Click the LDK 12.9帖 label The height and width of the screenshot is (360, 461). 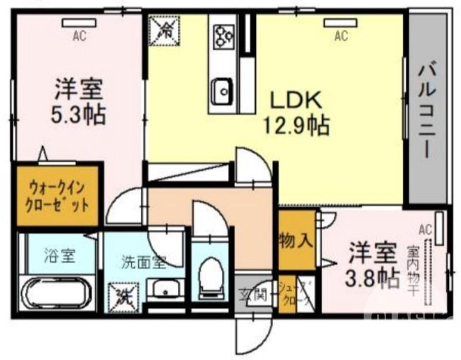pyautogui.click(x=296, y=112)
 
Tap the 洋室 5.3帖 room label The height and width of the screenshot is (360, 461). pyautogui.click(x=79, y=102)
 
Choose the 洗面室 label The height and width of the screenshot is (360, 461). pyautogui.click(x=142, y=262)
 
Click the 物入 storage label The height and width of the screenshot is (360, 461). pyautogui.click(x=296, y=240)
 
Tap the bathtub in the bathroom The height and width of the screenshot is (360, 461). pyautogui.click(x=57, y=294)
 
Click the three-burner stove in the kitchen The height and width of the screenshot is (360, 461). pyautogui.click(x=223, y=36)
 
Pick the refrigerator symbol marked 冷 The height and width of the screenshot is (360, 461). pyautogui.click(x=164, y=29)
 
